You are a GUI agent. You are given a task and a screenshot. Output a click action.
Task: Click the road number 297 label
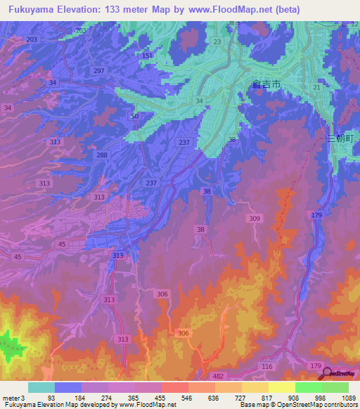[98, 71]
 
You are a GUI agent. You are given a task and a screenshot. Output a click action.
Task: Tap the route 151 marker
[146, 56]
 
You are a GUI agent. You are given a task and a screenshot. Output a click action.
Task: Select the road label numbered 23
[217, 42]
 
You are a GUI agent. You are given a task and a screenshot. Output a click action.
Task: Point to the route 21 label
[317, 87]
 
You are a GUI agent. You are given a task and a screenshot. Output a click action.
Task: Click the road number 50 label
[134, 116]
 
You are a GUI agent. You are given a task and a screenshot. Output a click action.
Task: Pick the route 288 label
[102, 155]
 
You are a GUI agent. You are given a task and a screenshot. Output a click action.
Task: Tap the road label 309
[254, 219]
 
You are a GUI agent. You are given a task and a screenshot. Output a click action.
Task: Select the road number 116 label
[266, 367]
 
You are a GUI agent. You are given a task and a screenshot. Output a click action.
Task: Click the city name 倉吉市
[266, 84]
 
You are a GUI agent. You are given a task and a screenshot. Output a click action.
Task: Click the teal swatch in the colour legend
[41, 387]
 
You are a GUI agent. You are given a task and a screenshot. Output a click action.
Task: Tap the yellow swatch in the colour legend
[281, 387]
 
